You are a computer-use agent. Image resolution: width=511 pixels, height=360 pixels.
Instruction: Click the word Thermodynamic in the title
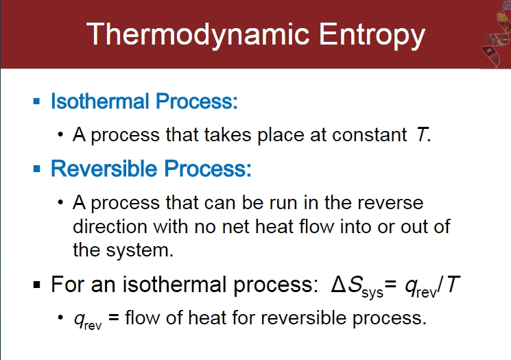coord(198,35)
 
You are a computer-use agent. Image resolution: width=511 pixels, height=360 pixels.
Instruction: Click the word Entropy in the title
coord(372,35)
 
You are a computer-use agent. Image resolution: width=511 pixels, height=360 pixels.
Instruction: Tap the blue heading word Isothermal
coord(99,101)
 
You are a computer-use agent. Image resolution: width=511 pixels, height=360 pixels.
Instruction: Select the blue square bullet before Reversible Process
coord(37,169)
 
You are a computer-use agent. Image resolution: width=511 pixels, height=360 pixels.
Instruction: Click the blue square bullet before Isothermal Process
coord(37,101)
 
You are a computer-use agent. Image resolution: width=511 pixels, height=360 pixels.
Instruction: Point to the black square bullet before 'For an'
coord(37,285)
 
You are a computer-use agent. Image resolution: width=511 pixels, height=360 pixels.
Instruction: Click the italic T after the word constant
coord(421,135)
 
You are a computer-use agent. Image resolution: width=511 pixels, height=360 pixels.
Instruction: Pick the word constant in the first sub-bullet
coord(370,135)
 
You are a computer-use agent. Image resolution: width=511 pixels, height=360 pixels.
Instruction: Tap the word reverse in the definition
coord(390,203)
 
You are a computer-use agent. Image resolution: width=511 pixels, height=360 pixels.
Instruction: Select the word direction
coord(110,226)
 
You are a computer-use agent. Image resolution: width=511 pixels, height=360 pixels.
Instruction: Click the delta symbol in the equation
coord(339,285)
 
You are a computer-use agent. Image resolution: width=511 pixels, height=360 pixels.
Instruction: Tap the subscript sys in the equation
coord(372,293)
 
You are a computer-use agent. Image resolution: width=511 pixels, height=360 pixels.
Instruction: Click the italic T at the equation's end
coord(452,285)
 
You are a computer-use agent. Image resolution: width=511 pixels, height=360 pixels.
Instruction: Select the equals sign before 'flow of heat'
coord(114,317)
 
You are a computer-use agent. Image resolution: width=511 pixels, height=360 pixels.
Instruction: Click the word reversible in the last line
coord(303,317)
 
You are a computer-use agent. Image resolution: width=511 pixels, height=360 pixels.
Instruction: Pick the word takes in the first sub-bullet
coord(228,135)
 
